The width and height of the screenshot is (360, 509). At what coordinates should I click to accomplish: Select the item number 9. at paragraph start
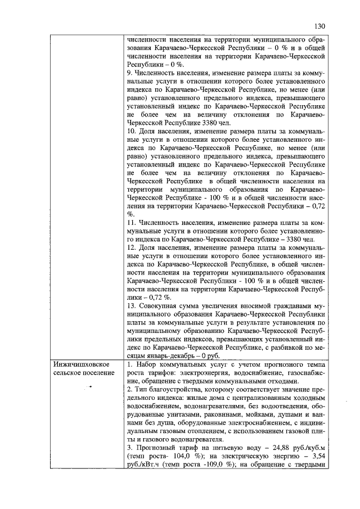[x=130, y=73]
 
